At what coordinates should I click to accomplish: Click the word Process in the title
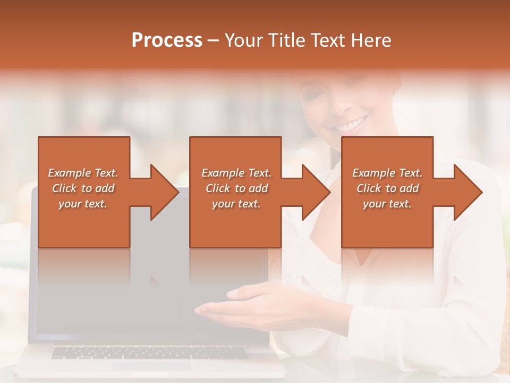coord(167,40)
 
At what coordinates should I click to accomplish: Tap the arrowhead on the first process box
coord(163,192)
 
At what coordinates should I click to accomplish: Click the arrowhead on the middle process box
coord(314,192)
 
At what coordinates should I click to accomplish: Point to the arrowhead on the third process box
coord(466,192)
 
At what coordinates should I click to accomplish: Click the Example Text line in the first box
coord(83,173)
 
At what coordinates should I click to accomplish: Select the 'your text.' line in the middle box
coord(236,204)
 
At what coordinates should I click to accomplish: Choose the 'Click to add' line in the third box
coord(387,188)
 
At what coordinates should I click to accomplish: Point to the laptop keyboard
coord(149,352)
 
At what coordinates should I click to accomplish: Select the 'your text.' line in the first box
coord(83,204)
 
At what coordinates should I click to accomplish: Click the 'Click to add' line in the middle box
coord(236,188)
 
